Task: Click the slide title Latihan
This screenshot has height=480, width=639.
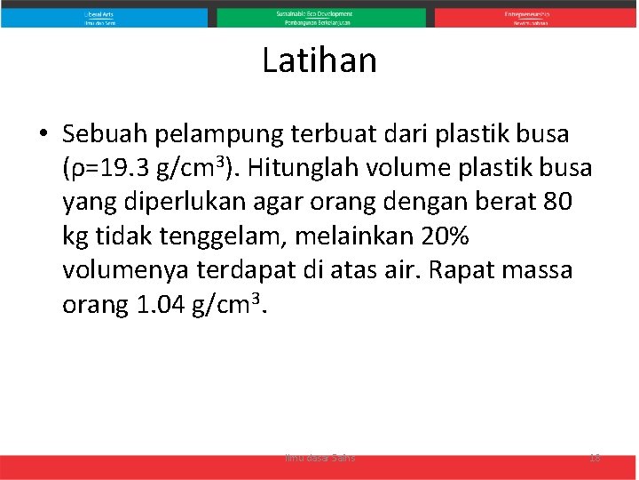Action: click(x=319, y=61)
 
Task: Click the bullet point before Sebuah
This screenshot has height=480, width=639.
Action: click(x=43, y=135)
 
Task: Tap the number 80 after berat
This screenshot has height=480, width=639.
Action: click(x=555, y=203)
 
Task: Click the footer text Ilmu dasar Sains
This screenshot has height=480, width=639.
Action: click(x=319, y=458)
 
